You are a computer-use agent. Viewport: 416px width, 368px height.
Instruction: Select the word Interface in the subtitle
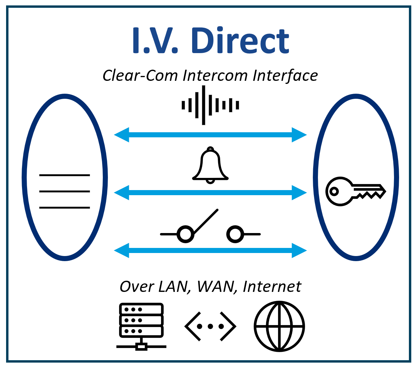[x=285, y=75]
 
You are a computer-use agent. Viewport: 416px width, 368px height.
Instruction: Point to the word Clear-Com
[x=140, y=75]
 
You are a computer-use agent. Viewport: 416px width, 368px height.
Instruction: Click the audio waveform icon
[x=210, y=105]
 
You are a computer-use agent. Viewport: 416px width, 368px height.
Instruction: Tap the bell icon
[x=210, y=166]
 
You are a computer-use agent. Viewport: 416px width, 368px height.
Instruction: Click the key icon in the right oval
[x=355, y=191]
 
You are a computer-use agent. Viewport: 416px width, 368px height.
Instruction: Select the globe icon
[x=279, y=326]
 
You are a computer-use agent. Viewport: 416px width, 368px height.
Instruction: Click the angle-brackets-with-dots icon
[x=210, y=326]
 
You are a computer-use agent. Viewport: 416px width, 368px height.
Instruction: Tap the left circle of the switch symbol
[x=185, y=234]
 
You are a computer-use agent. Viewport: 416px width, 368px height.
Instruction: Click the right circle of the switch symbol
[x=235, y=234]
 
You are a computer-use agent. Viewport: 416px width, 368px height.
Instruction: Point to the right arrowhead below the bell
[x=299, y=193]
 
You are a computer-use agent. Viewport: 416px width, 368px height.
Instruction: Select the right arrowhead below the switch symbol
[x=299, y=251]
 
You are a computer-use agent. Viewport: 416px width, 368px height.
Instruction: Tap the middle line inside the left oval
[x=65, y=191]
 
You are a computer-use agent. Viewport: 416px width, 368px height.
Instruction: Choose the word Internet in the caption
[x=272, y=287]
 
